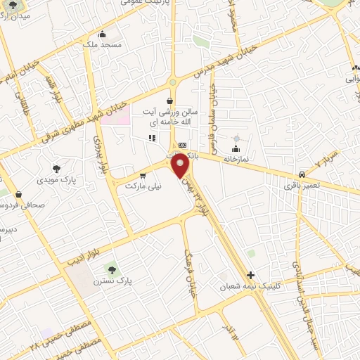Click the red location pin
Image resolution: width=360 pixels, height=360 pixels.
(x=181, y=166)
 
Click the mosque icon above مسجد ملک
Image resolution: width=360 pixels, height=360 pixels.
(x=103, y=34)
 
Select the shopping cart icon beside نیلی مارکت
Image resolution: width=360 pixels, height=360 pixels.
(x=143, y=176)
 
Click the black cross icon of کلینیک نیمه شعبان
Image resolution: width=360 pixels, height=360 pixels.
(x=250, y=275)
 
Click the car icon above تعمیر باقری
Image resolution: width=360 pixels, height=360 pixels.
(x=302, y=174)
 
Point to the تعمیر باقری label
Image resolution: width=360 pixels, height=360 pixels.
(x=300, y=186)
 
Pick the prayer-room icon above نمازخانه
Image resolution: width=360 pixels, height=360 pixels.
(x=235, y=149)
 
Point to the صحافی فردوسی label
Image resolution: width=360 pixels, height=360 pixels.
(x=17, y=206)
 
